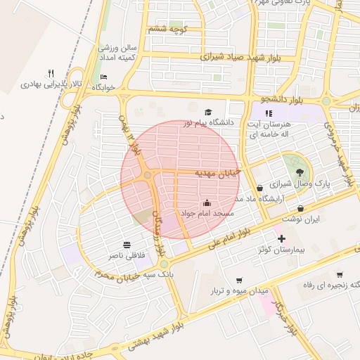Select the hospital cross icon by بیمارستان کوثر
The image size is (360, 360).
tap(282, 239)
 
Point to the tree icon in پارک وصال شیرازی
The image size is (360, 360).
tap(300, 171)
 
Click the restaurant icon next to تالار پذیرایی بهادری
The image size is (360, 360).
tap(51, 73)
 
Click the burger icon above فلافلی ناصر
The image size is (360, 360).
tap(126, 245)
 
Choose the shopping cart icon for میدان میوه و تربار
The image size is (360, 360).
tap(240, 279)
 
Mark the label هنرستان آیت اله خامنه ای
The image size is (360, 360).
tap(265, 128)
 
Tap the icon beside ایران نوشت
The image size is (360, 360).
tap(301, 208)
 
